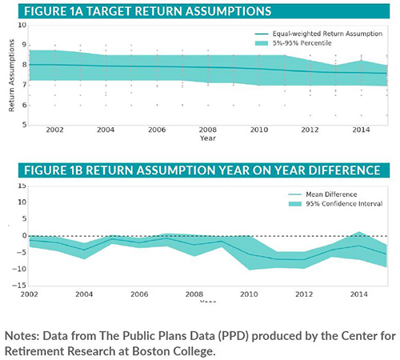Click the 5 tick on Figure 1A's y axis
pyautogui.click(x=23, y=126)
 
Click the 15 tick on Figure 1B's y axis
pyautogui.click(x=21, y=186)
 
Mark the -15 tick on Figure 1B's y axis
pyautogui.click(x=18, y=286)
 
